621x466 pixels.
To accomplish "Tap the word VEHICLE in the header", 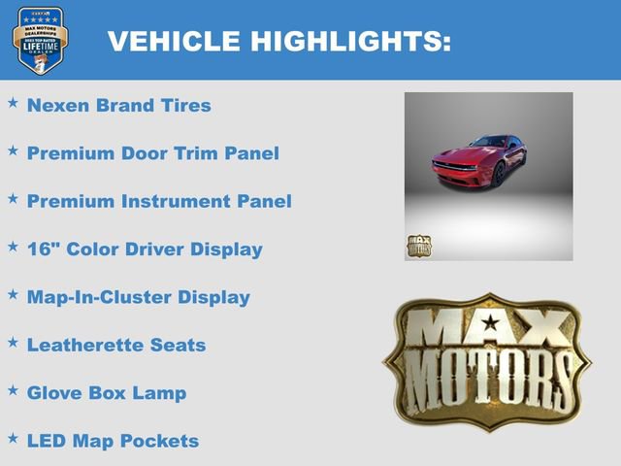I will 174,42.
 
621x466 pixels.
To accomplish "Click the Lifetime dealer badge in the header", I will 40,40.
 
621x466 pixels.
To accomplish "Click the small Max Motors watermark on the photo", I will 418,247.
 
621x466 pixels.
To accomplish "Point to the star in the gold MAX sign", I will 491,322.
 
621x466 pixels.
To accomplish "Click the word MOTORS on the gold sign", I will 489,374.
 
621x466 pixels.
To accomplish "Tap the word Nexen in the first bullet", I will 57,105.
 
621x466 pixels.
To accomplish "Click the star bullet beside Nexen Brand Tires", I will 13,102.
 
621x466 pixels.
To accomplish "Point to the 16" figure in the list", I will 40,249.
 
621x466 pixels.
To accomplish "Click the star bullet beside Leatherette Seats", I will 13,342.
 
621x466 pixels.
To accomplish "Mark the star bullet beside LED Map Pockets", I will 13,438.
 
